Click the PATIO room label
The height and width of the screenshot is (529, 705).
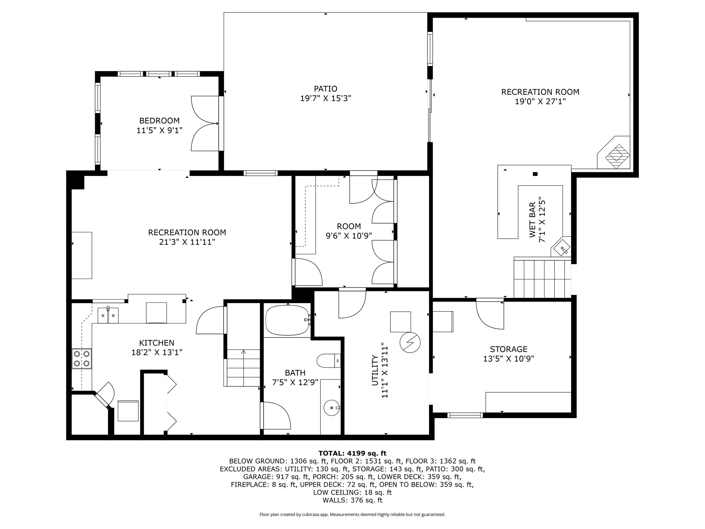point(325,89)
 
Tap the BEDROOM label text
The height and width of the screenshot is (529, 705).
point(159,121)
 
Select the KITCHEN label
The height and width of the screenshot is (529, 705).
point(157,343)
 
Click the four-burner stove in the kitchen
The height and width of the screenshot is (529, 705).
point(82,359)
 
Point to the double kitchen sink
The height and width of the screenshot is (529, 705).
point(108,315)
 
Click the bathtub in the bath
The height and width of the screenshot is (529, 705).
point(287,320)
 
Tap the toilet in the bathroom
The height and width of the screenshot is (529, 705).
point(328,361)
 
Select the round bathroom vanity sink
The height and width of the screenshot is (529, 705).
point(332,408)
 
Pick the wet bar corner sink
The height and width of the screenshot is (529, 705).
point(561,247)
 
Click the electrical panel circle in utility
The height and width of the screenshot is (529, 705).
point(410,343)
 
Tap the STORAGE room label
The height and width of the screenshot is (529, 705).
point(508,349)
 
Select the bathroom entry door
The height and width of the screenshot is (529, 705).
point(275,416)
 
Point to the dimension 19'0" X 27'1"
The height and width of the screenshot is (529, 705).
point(540,102)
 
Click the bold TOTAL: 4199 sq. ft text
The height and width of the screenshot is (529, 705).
point(352,453)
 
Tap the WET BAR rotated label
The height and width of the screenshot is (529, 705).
point(532,220)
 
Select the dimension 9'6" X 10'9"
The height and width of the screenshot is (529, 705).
point(349,236)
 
